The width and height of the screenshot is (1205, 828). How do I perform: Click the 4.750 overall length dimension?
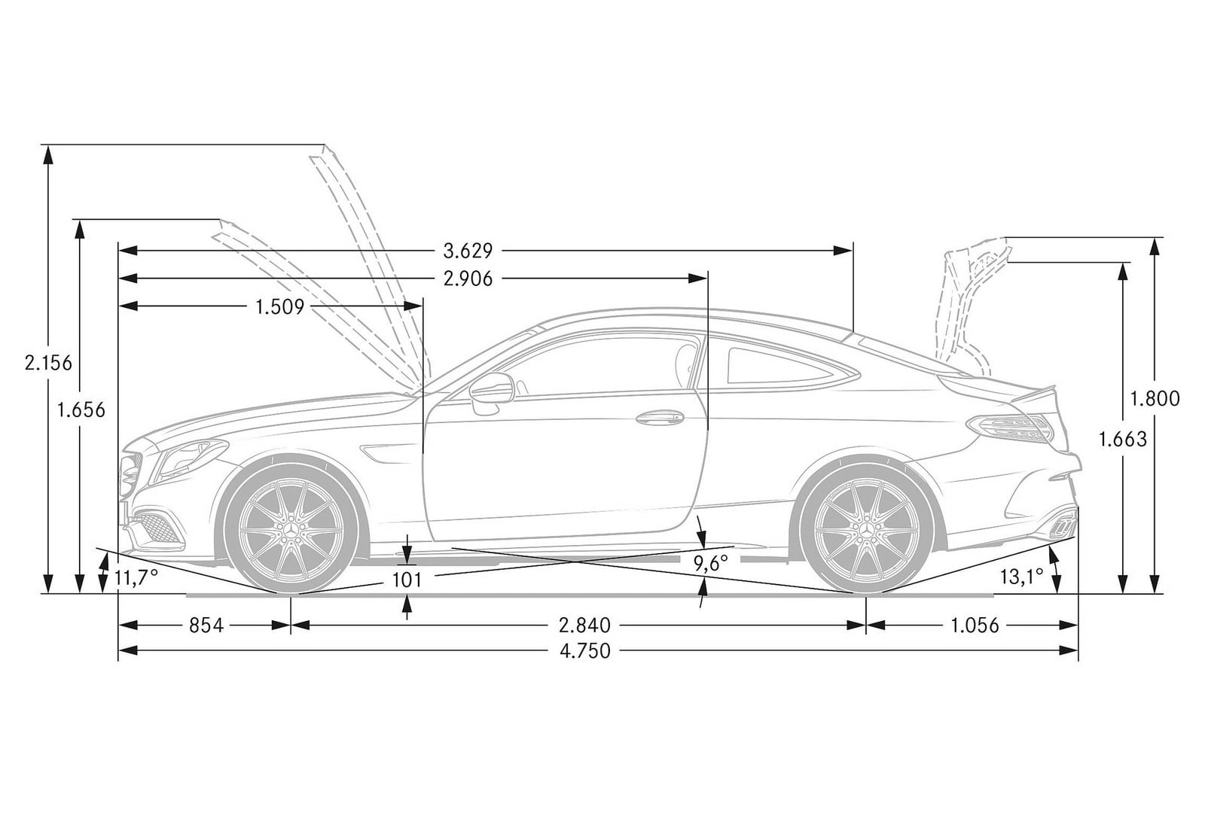pyautogui.click(x=585, y=651)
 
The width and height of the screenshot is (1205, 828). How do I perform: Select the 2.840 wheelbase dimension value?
pyautogui.click(x=584, y=626)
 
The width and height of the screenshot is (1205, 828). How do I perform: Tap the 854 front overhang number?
pyautogui.click(x=206, y=626)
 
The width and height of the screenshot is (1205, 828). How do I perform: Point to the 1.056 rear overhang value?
pyautogui.click(x=975, y=626)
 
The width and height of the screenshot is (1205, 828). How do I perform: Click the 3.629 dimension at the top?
pyautogui.click(x=468, y=251)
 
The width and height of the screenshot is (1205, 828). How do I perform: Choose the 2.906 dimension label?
pyautogui.click(x=468, y=279)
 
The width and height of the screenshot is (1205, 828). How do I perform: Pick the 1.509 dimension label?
pyautogui.click(x=279, y=307)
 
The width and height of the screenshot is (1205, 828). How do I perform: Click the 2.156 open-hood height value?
pyautogui.click(x=48, y=364)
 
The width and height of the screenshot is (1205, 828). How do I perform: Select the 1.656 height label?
pyautogui.click(x=81, y=410)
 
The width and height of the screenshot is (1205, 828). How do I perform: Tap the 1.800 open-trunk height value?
pyautogui.click(x=1155, y=398)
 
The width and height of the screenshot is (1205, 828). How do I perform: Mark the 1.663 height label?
pyautogui.click(x=1122, y=440)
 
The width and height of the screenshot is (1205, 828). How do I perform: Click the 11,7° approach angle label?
pyautogui.click(x=136, y=579)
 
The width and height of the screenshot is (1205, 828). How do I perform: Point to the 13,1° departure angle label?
pyautogui.click(x=1021, y=577)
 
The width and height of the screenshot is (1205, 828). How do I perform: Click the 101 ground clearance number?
pyautogui.click(x=407, y=580)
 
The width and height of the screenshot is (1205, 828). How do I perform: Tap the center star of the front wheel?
pyautogui.click(x=291, y=530)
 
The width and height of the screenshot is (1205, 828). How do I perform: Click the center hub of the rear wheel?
pyautogui.click(x=866, y=530)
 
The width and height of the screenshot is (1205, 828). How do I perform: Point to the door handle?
pyautogui.click(x=660, y=418)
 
